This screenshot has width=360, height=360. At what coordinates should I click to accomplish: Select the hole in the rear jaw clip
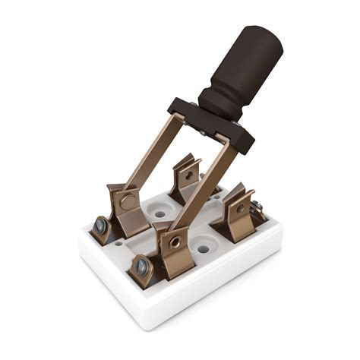(187, 174)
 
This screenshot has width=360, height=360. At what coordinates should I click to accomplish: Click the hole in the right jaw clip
(240, 207)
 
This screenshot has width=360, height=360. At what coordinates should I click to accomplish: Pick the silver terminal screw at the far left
(101, 226)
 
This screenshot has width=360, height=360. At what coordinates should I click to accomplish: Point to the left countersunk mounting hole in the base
(159, 213)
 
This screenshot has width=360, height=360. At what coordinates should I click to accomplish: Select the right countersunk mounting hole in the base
(204, 247)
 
